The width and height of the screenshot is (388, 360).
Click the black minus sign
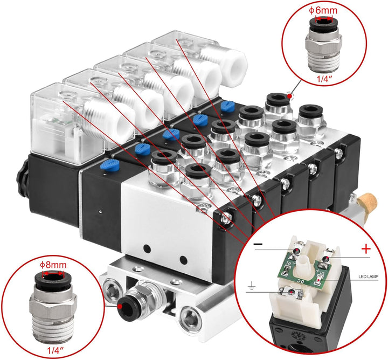(x=259, y=244)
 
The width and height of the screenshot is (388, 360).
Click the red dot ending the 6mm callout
(x=290, y=96)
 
